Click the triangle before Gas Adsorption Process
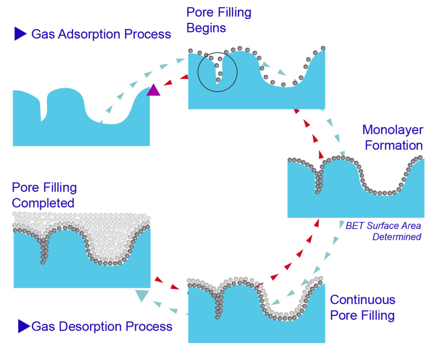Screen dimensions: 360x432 coord(20,34)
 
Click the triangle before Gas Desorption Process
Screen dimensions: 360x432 coord(23,326)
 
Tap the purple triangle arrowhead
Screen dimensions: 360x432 coord(154,90)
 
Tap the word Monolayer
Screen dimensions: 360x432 coord(392,131)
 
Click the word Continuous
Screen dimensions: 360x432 coord(362,300)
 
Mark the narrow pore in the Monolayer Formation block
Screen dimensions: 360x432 coord(318,179)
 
